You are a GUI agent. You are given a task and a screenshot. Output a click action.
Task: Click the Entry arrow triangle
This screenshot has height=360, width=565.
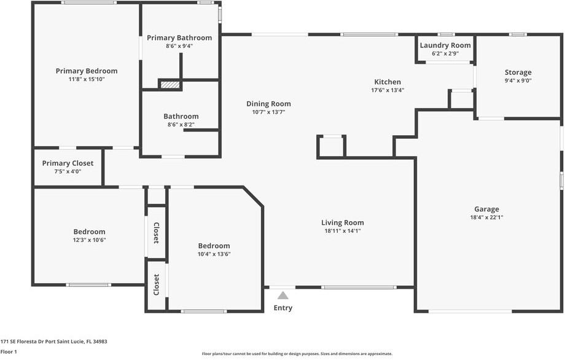coord(283,295)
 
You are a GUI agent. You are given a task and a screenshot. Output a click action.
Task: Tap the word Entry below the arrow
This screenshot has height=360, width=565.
coord(283,308)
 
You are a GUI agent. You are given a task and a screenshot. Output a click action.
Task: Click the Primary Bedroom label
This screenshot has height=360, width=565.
coord(87,71)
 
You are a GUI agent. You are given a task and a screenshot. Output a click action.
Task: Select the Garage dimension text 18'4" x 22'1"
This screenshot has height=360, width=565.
coord(486,217)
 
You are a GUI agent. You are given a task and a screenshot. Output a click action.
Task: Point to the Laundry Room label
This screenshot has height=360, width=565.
coord(445,45)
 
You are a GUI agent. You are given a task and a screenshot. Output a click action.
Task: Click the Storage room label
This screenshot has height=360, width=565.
coord(518,72)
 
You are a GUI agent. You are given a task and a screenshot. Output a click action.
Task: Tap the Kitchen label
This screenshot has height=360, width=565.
coord(388,82)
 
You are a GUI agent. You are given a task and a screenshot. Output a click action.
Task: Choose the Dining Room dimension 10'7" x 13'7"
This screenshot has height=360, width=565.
coord(268,112)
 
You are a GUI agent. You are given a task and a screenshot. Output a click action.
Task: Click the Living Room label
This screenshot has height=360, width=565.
coord(342,222)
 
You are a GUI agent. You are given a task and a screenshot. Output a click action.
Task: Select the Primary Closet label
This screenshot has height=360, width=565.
coord(68,163)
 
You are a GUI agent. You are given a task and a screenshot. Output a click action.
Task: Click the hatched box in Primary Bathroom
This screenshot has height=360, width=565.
coord(170,85)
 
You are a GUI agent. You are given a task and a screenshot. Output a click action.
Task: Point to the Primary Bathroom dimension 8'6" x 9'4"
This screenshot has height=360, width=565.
coord(179,45)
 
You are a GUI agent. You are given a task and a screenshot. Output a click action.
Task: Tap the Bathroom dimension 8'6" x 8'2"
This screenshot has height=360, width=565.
coord(181,124)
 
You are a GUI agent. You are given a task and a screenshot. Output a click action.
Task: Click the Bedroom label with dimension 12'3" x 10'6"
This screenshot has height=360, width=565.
coord(89,232)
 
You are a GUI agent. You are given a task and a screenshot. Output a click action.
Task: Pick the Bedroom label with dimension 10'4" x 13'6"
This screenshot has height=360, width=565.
coord(214,246)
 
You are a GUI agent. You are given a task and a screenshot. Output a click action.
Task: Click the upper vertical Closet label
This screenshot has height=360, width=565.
coord(157,233)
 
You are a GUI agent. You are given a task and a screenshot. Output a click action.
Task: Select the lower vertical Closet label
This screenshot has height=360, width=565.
coord(157,284)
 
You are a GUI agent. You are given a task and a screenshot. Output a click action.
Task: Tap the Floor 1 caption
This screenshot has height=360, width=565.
coord(9,351)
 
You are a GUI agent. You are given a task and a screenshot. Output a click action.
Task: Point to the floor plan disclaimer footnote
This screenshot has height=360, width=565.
coord(297,353)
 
